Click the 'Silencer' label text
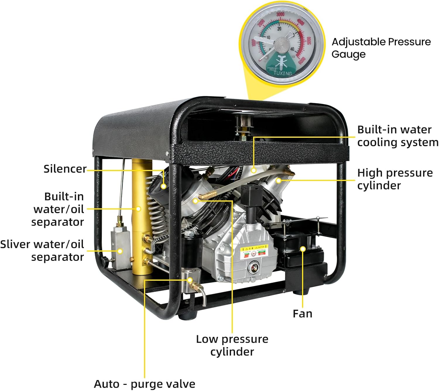[65, 169]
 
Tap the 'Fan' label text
[302, 314]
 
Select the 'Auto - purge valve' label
[144, 384]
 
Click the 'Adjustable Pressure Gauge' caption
[381, 48]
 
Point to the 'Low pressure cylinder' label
[232, 345]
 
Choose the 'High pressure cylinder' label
[395, 179]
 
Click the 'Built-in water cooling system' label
[397, 136]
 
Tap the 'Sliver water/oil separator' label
[42, 250]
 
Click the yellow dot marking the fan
[303, 249]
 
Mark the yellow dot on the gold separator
[139, 209]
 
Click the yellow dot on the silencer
[164, 186]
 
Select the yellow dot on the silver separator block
[120, 251]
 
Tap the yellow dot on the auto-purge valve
[190, 280]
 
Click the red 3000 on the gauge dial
[280, 14]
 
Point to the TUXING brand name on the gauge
[282, 73]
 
